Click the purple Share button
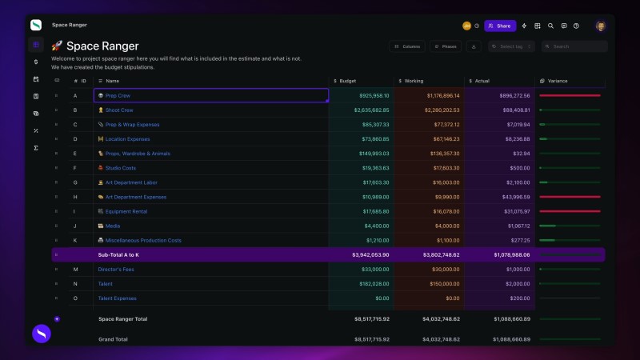click(x=500, y=26)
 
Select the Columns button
click(x=407, y=46)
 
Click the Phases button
click(x=446, y=46)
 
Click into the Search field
click(x=574, y=46)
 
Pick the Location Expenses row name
click(x=127, y=139)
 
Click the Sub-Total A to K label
click(x=118, y=254)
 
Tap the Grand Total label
click(x=114, y=338)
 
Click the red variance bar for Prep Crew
click(x=570, y=95)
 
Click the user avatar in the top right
click(x=600, y=26)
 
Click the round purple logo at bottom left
click(x=42, y=334)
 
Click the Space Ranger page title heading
click(x=102, y=46)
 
